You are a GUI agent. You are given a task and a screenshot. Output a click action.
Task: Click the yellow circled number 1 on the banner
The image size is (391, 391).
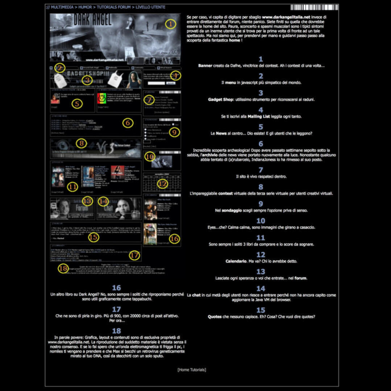(170, 24)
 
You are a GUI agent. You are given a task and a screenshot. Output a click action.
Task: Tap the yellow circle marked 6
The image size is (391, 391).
(127, 123)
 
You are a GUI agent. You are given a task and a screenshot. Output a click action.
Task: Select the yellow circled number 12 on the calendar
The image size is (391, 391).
(162, 184)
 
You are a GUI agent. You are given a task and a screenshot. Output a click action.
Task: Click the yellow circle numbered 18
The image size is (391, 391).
(63, 268)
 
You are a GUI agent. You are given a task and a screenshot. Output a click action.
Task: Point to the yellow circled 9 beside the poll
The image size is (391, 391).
(174, 132)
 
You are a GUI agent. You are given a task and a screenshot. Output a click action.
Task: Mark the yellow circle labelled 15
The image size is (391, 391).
(94, 237)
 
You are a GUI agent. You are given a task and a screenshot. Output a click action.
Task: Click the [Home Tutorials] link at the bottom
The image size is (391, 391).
(192, 370)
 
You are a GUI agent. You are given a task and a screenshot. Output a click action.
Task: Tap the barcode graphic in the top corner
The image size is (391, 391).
(314, 7)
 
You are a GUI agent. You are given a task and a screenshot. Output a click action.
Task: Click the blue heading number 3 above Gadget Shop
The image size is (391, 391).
(261, 93)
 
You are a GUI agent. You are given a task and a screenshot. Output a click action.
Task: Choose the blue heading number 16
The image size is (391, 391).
(116, 288)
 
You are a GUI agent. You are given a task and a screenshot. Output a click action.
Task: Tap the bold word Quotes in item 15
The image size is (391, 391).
(215, 316)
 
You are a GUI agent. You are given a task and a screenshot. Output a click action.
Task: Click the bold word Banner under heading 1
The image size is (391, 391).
(205, 66)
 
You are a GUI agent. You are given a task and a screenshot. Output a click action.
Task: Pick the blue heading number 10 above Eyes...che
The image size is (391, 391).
(261, 221)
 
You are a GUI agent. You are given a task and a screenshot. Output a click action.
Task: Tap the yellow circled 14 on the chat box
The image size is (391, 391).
(103, 201)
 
